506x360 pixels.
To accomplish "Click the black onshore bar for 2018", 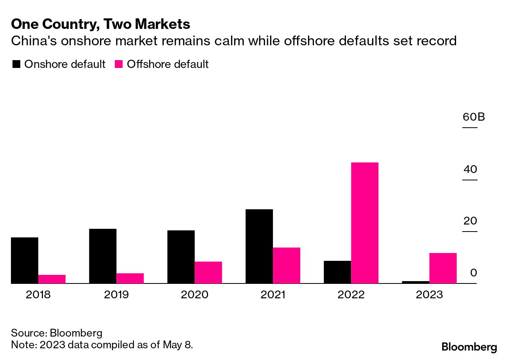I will tap(25, 260).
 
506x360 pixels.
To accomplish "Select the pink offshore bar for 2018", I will tap(52, 279).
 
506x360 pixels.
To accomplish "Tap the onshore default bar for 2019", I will tap(103, 256).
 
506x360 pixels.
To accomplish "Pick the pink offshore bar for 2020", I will tap(208, 272).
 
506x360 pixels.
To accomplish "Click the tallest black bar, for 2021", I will tap(259, 246).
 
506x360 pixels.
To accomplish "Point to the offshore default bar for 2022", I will tap(365, 223).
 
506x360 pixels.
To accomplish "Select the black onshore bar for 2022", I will tap(337, 272).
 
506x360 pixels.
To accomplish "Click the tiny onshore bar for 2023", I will tap(415, 282).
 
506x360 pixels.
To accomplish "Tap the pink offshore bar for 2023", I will tap(443, 268).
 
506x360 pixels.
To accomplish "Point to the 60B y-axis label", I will tap(474, 117).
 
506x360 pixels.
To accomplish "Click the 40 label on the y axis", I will tap(470, 169).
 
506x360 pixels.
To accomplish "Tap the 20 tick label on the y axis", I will tap(470, 221).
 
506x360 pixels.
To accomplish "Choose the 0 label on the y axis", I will tap(474, 273).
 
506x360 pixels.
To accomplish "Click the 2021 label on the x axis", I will tap(273, 294).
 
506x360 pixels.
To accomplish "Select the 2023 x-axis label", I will tap(429, 294).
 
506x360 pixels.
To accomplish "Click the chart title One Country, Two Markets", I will tap(101, 24).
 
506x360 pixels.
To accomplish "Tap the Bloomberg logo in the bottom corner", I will tap(469, 347).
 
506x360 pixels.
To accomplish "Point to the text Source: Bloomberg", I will tap(57, 333).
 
